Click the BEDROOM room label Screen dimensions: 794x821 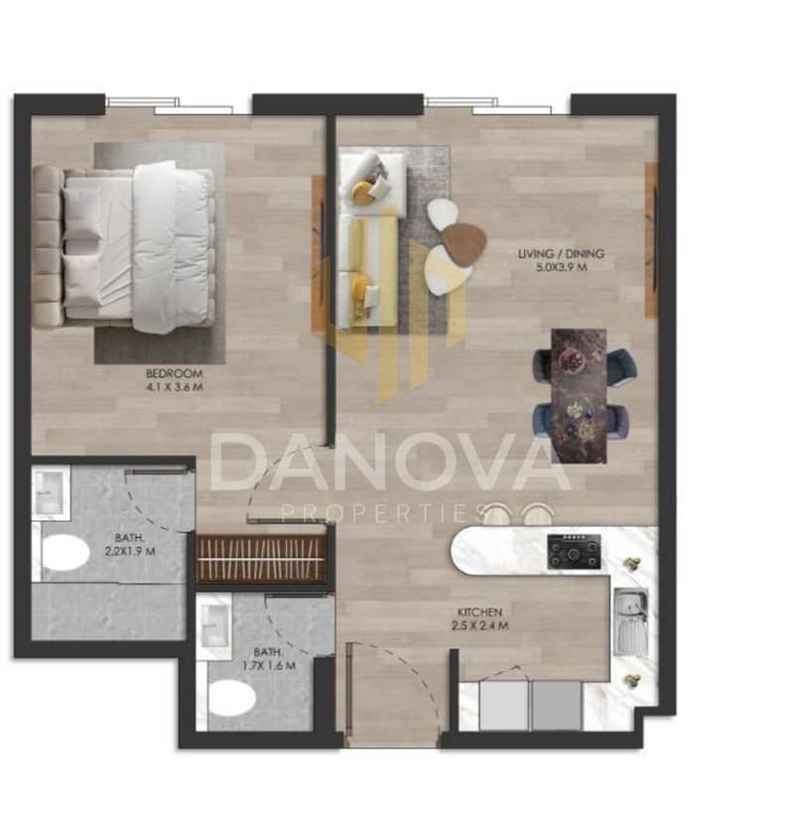174,374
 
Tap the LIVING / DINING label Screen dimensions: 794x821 561,254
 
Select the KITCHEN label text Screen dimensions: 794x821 480,613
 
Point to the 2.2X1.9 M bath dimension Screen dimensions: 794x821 130,551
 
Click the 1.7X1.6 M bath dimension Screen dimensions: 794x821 269,666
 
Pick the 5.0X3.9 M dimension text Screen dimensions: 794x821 561,268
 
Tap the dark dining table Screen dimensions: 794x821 579,396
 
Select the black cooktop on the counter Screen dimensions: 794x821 575,551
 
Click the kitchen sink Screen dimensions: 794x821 631,622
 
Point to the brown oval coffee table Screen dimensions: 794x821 464,243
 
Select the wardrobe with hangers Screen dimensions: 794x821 261,559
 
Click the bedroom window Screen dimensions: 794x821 170,105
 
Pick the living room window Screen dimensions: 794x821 487,105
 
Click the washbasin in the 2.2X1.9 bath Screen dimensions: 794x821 51,492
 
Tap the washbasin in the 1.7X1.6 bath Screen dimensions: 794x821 213,625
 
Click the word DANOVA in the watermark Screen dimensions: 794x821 390,463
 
